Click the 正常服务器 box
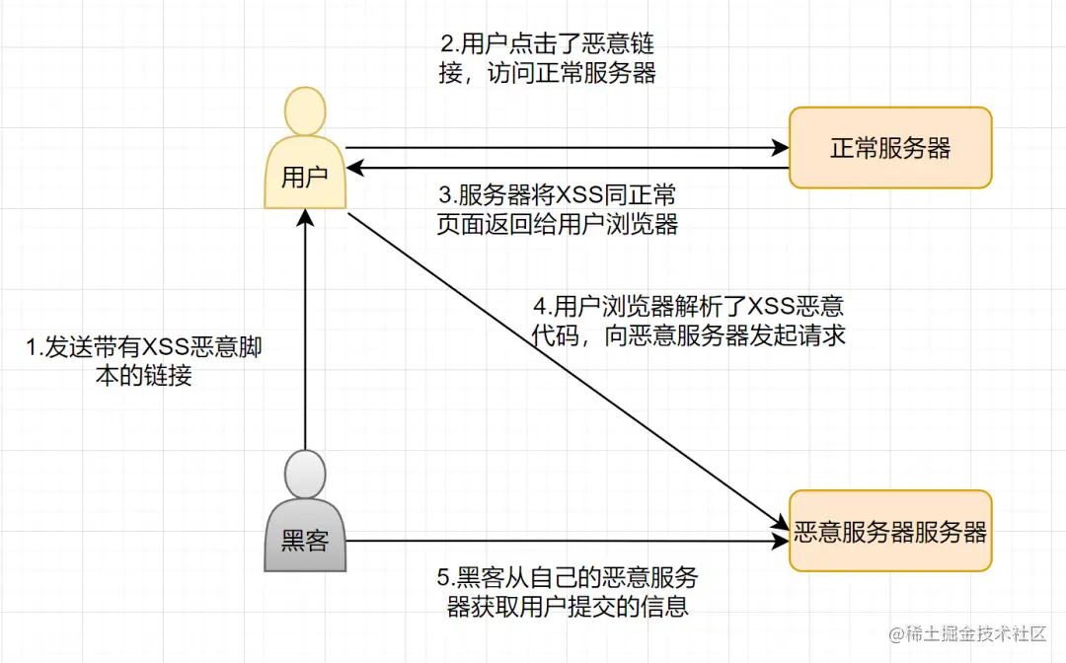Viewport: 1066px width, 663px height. coord(889,148)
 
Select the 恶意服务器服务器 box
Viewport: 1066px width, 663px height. coord(889,532)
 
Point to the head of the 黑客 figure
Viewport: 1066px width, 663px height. coord(305,474)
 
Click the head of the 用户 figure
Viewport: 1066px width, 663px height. coord(305,111)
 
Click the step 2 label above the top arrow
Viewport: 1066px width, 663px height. coord(547,59)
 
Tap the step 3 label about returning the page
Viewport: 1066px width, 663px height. coord(557,209)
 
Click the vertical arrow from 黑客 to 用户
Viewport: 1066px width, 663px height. coord(306,335)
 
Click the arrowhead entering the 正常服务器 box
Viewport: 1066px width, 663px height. coord(780,148)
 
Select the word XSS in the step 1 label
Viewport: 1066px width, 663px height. coord(166,348)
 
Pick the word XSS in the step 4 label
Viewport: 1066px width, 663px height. coord(764,307)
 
